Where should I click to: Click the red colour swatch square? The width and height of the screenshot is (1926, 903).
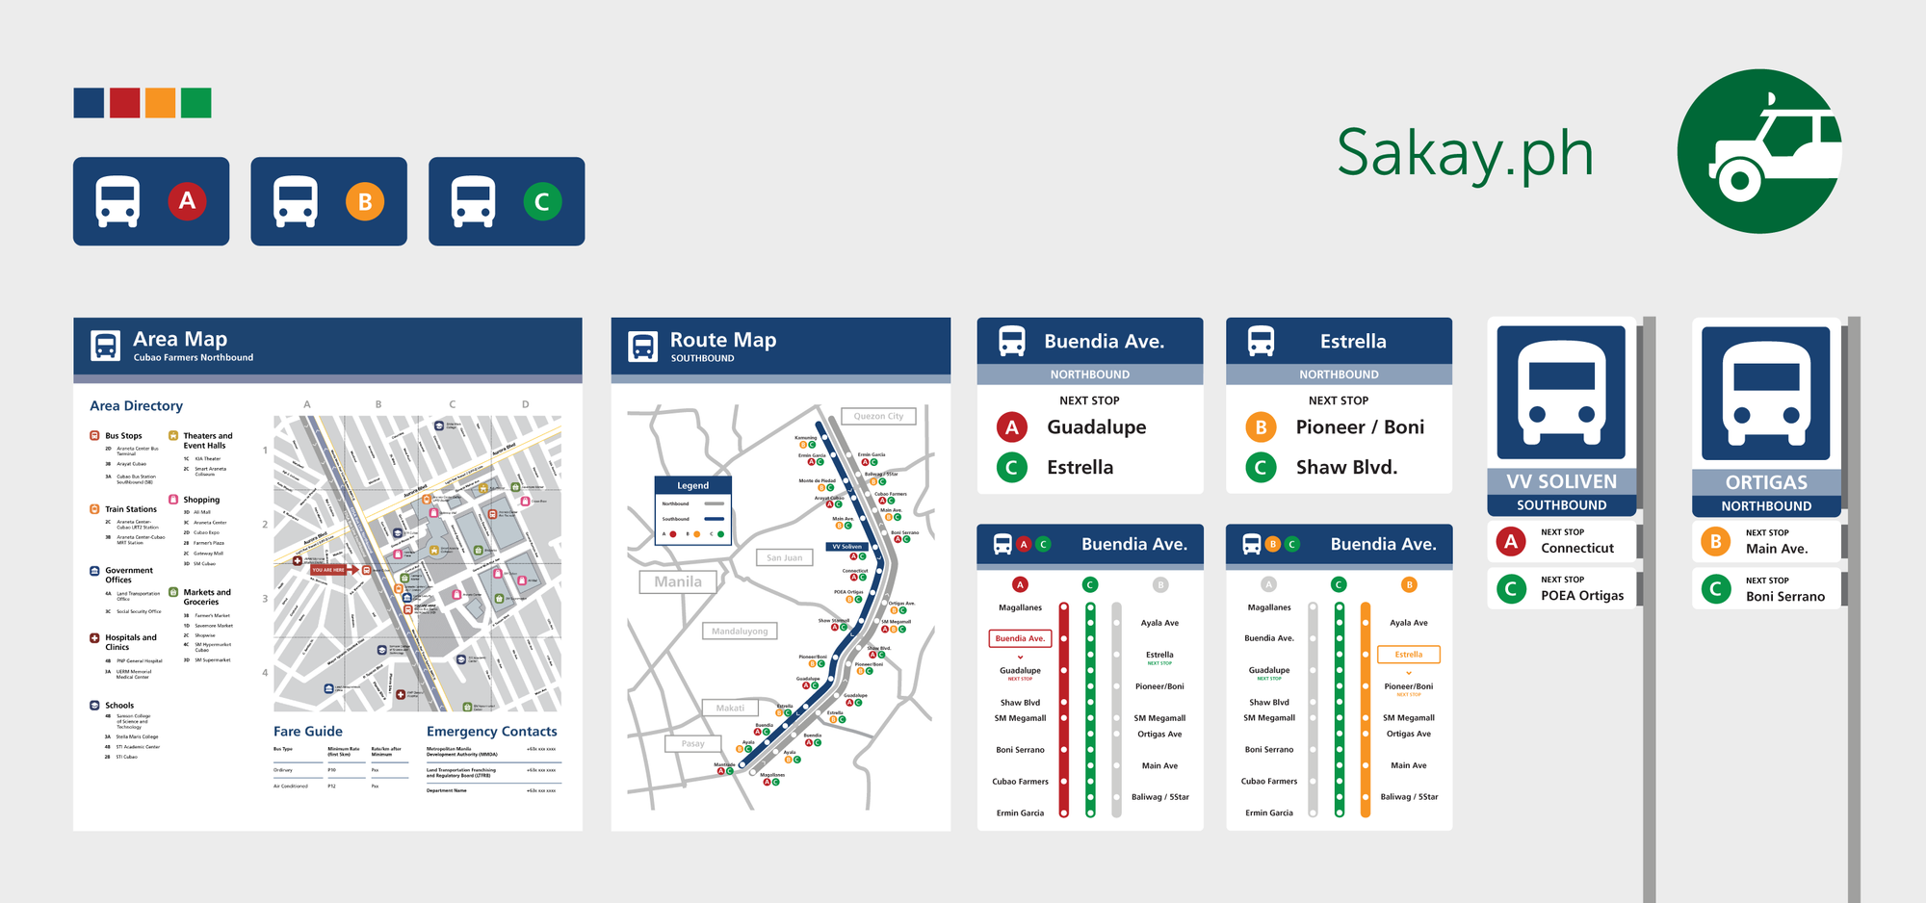124,103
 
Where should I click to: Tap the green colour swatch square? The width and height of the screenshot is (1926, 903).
195,103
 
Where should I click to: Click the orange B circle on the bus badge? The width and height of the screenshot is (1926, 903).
365,202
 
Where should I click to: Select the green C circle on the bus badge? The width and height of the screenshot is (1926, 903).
542,202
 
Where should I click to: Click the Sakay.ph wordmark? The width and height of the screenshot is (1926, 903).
1465,154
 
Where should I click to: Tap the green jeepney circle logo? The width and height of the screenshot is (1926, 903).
1758,151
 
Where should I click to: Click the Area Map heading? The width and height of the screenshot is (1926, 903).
180,339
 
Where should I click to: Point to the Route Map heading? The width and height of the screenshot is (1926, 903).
722,340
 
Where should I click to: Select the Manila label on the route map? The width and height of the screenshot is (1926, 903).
678,581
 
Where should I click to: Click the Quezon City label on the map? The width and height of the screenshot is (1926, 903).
878,416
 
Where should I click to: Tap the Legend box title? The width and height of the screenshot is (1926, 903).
692,485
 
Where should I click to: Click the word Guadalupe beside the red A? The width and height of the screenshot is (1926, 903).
1096,426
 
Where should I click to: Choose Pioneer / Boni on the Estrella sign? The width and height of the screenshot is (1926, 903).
1360,426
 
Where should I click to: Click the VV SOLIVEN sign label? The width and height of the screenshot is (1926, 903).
1561,481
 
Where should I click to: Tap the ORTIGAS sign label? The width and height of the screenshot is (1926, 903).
1766,482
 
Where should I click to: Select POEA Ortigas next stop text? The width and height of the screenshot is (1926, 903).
1582,595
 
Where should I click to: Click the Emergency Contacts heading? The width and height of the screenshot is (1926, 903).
491,732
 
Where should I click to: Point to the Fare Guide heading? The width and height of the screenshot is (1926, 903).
308,732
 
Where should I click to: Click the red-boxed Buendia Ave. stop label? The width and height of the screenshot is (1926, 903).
1020,638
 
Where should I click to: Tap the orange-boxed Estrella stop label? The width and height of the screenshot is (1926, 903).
1408,655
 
